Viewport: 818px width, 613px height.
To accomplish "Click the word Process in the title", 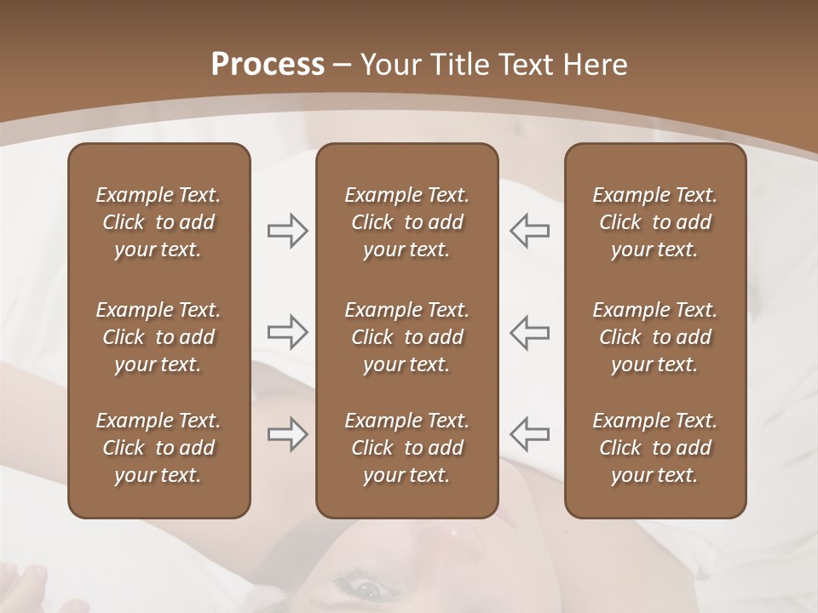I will [x=268, y=64].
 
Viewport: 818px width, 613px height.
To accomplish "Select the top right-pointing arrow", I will [x=288, y=231].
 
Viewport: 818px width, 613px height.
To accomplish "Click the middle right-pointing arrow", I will [x=288, y=332].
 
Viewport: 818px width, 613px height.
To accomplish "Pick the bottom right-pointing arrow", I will [x=288, y=434].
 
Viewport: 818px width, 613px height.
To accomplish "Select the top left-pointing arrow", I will [x=529, y=231].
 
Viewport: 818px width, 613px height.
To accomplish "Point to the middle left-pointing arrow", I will [x=529, y=332].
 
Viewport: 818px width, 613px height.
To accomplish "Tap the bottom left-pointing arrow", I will [x=529, y=434].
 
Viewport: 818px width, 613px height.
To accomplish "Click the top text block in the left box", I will [x=158, y=222].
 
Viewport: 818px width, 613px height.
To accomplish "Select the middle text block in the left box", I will [x=158, y=337].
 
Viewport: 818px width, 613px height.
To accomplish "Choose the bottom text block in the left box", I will [x=158, y=448].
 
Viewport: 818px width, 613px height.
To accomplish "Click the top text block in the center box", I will [x=406, y=222].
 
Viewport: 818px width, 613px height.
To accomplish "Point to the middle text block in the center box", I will [x=406, y=337].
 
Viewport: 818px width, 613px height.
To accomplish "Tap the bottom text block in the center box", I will [x=406, y=448].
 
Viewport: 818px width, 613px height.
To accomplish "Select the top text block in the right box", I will [x=654, y=222].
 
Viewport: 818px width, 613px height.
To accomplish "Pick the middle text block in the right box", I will [x=654, y=337].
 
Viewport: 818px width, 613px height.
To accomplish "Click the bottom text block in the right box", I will [x=654, y=448].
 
